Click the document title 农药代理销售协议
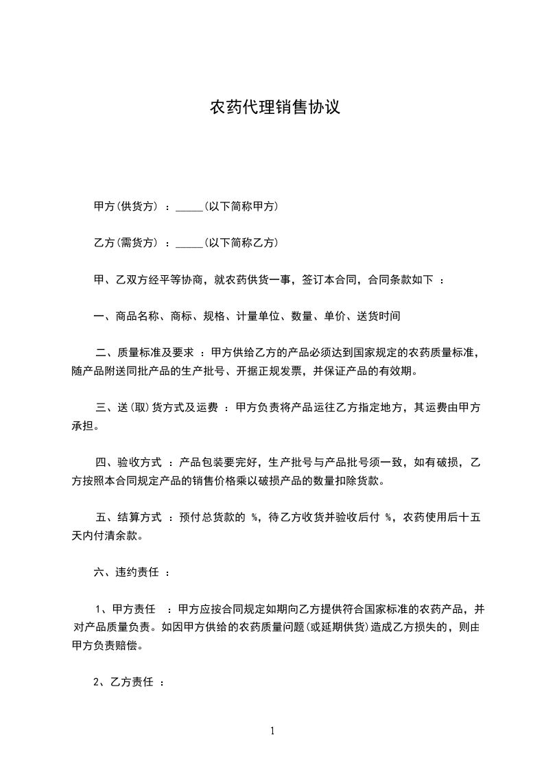click(274, 108)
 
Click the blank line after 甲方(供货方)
click(189, 207)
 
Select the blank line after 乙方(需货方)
click(189, 243)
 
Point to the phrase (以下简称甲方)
click(241, 207)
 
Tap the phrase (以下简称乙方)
click(241, 243)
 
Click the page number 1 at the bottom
click(272, 731)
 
